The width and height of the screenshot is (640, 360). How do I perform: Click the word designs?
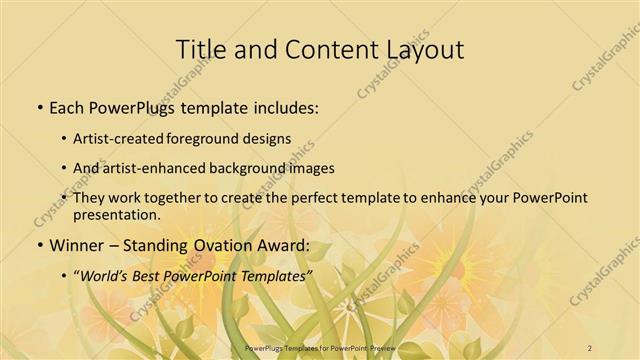tap(271, 138)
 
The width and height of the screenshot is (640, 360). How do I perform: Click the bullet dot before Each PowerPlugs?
tap(39, 107)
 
